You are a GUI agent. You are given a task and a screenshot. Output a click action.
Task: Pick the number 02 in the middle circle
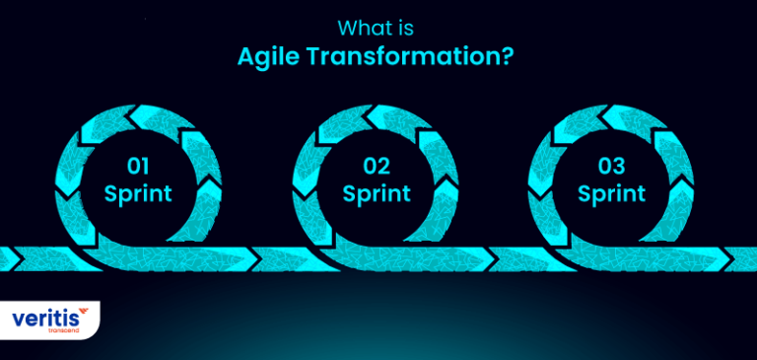(377, 165)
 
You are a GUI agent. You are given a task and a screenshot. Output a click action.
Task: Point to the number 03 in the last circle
(611, 165)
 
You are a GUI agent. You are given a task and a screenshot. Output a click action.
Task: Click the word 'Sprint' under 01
(138, 192)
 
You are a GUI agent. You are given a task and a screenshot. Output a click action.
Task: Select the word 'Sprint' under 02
(377, 192)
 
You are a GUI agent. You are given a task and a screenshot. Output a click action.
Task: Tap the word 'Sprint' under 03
(611, 192)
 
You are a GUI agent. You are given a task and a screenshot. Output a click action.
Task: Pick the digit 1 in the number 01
(149, 165)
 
